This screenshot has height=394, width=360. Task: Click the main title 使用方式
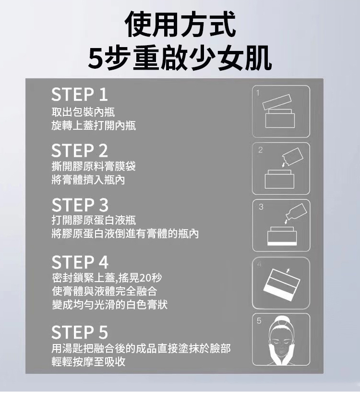tap(180, 25)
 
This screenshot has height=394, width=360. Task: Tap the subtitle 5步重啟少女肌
tap(180, 58)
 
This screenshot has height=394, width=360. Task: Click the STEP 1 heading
tap(80, 95)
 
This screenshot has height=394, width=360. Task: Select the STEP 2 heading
tap(80, 151)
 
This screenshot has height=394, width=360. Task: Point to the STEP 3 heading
tap(80, 205)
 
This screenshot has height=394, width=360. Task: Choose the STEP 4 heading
tap(80, 262)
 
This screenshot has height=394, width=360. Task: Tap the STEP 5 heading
tap(80, 332)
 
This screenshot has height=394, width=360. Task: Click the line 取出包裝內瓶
tap(83, 112)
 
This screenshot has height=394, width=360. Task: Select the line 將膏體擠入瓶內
tap(88, 180)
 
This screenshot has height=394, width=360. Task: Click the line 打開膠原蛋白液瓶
tap(94, 221)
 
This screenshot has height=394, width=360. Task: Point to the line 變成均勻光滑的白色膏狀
tap(110, 305)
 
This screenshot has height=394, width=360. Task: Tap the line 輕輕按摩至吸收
tap(88, 362)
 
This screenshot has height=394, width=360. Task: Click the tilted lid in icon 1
tap(277, 102)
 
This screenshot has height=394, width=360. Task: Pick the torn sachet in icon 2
tap(292, 156)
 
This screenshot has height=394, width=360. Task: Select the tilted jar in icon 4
tap(281, 286)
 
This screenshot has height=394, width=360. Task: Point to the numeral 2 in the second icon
tap(260, 150)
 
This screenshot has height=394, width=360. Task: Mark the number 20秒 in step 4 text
tap(149, 278)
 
